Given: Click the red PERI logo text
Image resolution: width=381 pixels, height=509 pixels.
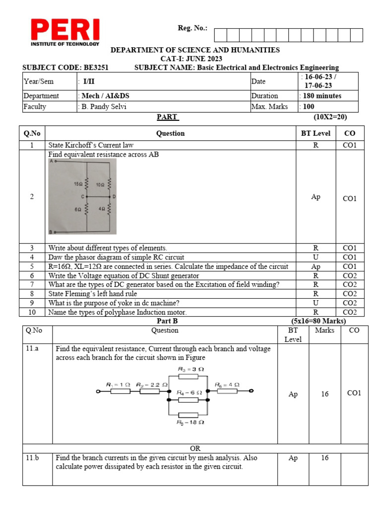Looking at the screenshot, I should (65, 30).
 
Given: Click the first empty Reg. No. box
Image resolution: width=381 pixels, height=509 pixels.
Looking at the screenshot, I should (221, 35).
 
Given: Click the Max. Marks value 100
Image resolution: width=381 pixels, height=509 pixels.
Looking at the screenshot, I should (309, 106).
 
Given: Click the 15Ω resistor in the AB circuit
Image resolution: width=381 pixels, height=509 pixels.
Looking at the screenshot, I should (87, 184).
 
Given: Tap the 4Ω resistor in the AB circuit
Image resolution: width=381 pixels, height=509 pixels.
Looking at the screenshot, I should (109, 209).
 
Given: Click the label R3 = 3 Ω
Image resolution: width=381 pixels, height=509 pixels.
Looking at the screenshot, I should (191, 368).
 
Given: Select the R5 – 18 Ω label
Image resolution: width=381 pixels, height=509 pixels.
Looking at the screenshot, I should (191, 422).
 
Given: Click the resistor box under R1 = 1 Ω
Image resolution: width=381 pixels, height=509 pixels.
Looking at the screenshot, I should (121, 391).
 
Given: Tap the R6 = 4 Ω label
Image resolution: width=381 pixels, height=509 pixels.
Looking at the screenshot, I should (227, 385).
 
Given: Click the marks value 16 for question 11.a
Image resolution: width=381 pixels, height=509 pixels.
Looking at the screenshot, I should (324, 394).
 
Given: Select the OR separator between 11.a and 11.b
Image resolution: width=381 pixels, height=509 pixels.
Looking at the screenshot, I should (195, 448).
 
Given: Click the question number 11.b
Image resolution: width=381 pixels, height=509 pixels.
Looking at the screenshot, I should (32, 458).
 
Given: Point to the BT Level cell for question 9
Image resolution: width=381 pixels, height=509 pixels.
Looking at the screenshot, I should (316, 303).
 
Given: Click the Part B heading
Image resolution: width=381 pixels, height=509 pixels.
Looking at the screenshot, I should (167, 321).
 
